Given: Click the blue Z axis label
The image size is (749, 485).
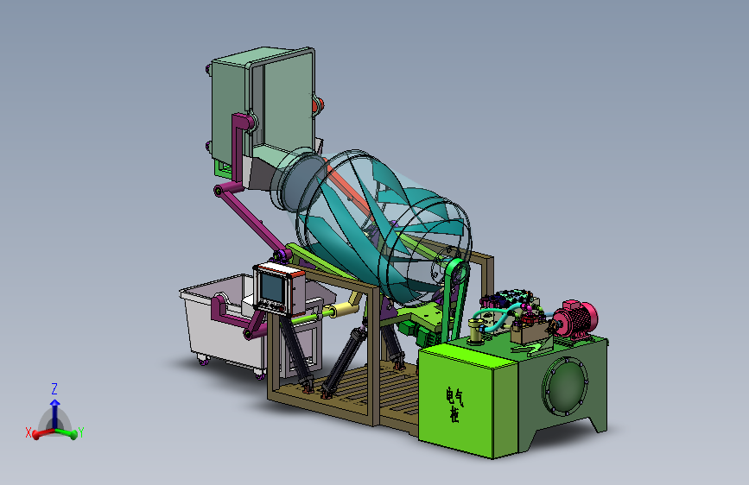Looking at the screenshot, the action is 54,388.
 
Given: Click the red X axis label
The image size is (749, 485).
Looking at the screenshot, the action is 29,432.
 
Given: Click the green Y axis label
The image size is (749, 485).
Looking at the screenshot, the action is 80,432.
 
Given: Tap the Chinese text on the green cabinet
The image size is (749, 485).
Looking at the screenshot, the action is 454,405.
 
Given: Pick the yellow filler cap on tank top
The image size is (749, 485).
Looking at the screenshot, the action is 475,331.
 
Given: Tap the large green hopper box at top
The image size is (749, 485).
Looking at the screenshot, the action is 263,107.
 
